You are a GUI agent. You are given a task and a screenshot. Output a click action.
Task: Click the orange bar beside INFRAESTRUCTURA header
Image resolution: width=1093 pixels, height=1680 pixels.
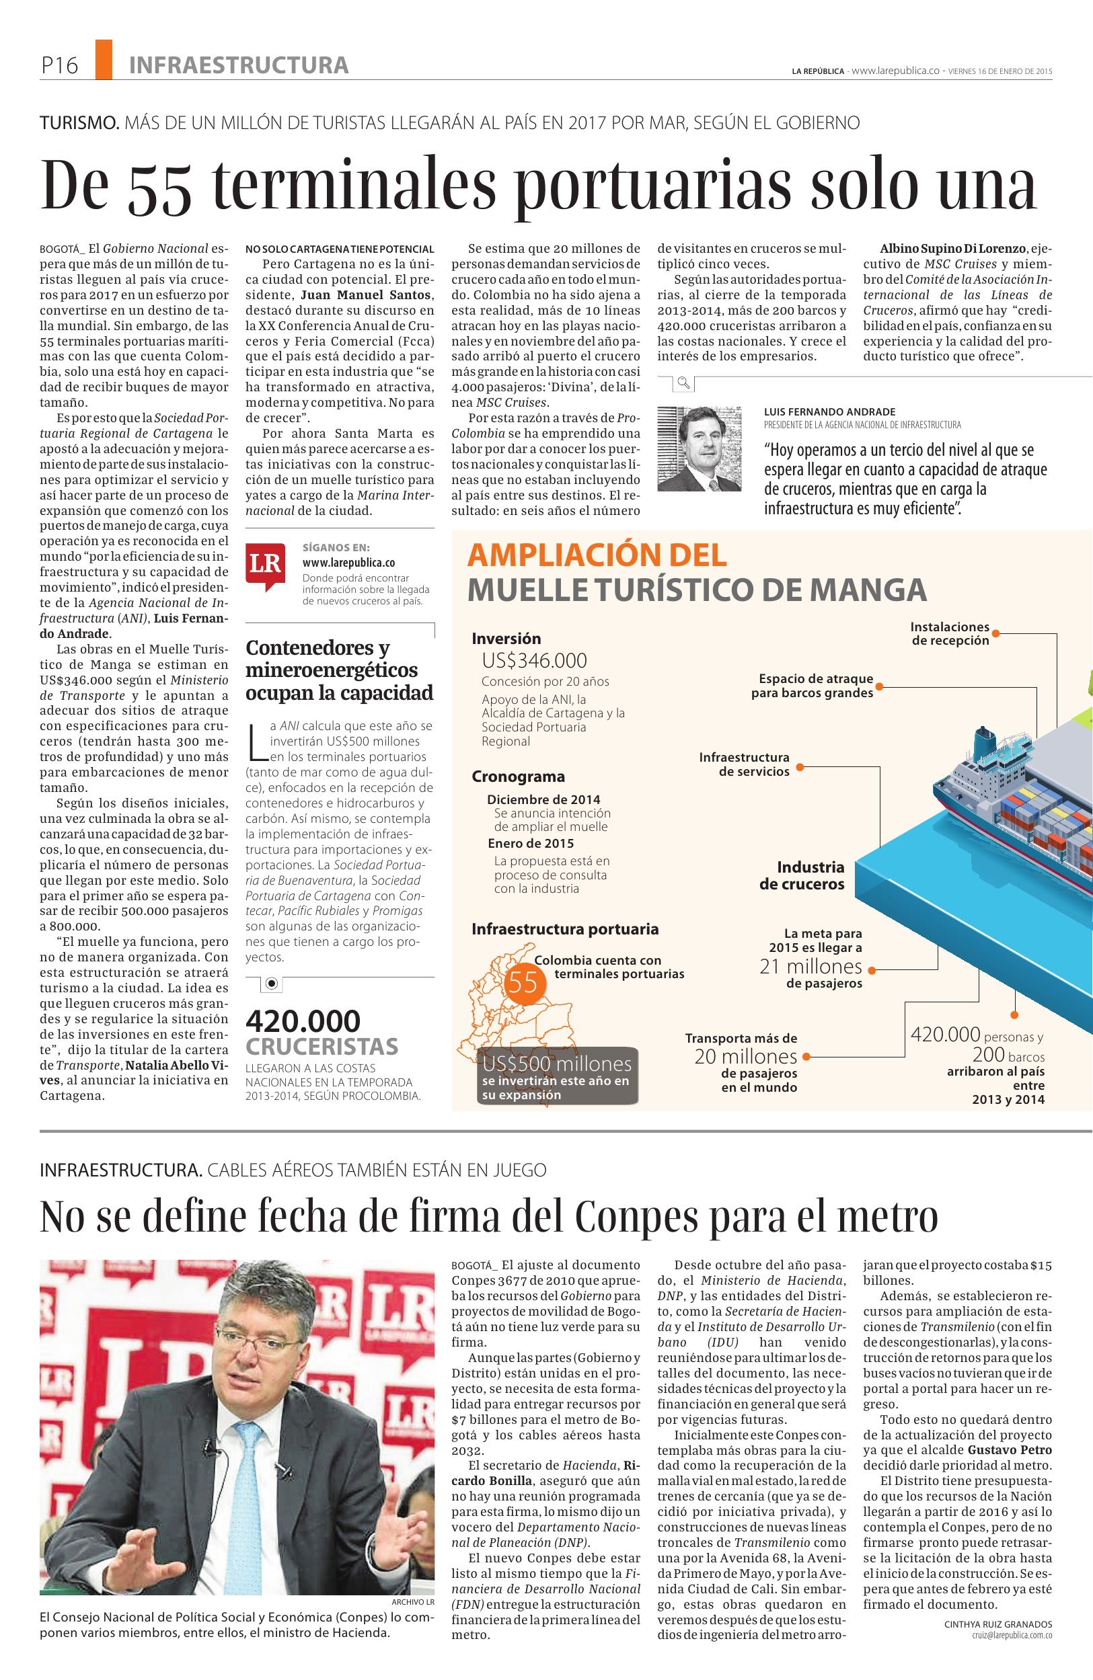pyautogui.click(x=103, y=58)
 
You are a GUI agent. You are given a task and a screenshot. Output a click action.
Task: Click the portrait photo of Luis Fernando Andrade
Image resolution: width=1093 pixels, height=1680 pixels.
pyautogui.click(x=700, y=449)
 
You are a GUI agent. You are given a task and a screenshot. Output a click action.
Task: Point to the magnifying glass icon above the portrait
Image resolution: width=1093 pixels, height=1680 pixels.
pyautogui.click(x=683, y=383)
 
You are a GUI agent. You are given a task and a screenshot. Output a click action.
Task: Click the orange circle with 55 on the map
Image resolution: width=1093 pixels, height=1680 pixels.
pyautogui.click(x=524, y=983)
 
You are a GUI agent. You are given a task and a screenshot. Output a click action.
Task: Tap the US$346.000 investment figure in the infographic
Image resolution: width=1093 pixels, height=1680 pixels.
pyautogui.click(x=535, y=661)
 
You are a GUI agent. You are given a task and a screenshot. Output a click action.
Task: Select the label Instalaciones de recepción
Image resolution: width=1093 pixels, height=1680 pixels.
pyautogui.click(x=950, y=633)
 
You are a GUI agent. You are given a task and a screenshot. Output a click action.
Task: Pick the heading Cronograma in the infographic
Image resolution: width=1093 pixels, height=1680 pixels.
pyautogui.click(x=519, y=776)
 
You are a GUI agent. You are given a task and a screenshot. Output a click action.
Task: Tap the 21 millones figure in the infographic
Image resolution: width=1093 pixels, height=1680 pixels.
pyautogui.click(x=811, y=966)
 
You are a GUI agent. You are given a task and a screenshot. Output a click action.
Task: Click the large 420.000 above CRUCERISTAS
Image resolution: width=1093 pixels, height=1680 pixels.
pyautogui.click(x=303, y=1020)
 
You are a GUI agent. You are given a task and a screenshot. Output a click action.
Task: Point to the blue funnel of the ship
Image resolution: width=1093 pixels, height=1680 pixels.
pyautogui.click(x=982, y=740)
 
